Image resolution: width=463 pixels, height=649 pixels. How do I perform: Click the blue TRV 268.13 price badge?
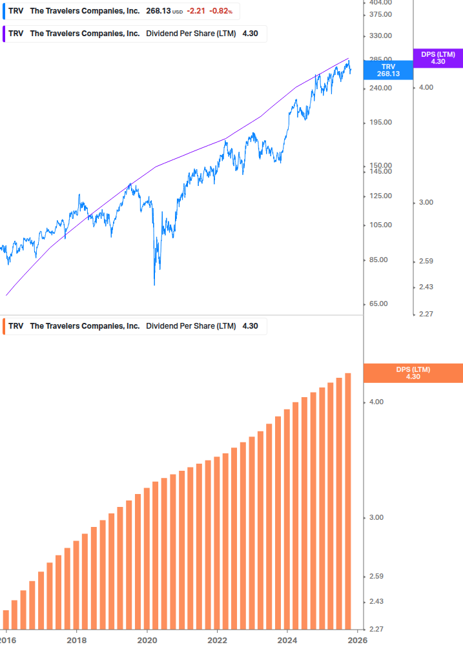pos(388,70)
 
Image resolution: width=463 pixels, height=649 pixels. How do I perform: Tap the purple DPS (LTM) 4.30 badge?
pos(438,57)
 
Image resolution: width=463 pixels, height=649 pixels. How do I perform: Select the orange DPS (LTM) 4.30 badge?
pos(413,373)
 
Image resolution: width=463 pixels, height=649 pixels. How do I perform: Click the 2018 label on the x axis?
pos(76,640)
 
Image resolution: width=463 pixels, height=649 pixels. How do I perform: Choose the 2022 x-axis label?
pos(217,640)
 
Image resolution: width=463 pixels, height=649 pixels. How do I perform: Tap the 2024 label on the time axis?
pos(287,640)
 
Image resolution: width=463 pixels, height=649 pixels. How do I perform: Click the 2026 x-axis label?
pos(358,640)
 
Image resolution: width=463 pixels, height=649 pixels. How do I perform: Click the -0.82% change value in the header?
pos(221,11)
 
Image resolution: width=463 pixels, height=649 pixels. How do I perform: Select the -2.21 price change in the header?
pos(196,11)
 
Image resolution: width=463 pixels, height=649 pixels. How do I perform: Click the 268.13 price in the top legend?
pos(158,11)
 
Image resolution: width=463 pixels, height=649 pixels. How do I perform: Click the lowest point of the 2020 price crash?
pos(154,284)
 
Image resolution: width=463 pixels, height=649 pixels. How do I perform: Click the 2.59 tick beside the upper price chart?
pos(426,261)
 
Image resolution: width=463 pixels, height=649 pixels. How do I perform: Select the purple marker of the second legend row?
pos(5,34)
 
